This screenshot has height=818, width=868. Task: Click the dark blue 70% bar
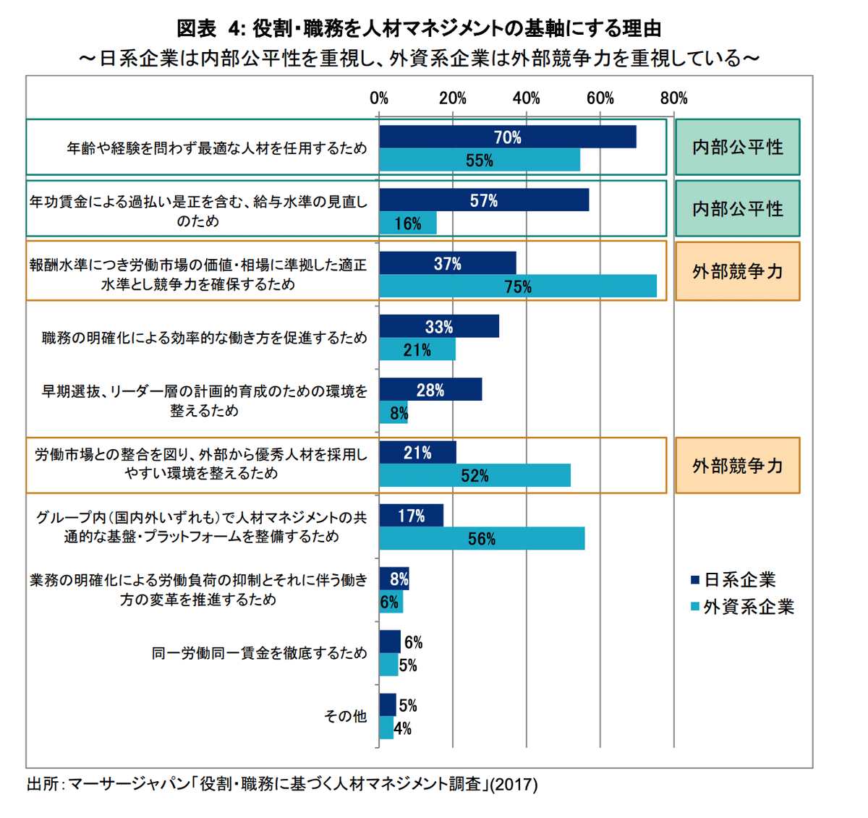click(507, 137)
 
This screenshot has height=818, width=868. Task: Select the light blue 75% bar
click(518, 286)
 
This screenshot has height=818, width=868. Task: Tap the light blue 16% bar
click(408, 223)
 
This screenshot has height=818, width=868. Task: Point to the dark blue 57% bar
click(484, 200)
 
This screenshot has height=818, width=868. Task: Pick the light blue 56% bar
click(482, 539)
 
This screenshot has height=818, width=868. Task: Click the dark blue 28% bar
click(430, 390)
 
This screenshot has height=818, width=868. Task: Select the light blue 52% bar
click(475, 476)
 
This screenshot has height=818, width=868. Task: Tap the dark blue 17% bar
click(411, 516)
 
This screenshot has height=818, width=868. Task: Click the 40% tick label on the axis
click(526, 98)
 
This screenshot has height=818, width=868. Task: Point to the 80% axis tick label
click(673, 98)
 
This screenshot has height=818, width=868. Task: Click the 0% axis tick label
click(379, 98)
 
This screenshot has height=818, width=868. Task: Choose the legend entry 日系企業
click(739, 580)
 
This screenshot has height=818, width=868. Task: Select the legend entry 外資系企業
click(748, 607)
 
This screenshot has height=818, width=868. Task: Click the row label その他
click(345, 716)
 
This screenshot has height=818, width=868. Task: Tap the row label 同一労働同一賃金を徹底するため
click(259, 653)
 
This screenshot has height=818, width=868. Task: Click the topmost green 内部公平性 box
click(737, 148)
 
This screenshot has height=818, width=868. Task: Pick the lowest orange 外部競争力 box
click(737, 466)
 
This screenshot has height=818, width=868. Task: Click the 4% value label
click(403, 729)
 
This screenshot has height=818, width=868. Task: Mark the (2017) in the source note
click(514, 784)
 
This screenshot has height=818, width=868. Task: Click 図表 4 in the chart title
click(210, 29)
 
